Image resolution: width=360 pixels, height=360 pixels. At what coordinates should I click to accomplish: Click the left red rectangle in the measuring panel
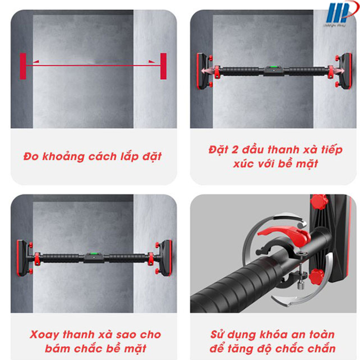pos(23,66)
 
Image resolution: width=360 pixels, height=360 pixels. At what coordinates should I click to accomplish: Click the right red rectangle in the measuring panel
pos(163,66)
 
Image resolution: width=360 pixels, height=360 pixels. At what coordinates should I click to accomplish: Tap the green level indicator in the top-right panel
pos(273,67)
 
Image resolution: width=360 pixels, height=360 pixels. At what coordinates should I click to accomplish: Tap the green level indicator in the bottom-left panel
pos(93,254)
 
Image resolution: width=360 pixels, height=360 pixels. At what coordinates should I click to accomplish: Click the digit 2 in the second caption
pos(235,150)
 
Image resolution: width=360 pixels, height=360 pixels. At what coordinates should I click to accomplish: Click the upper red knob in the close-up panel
pos(319,202)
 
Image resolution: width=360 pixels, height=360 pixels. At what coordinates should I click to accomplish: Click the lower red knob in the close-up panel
pos(317,277)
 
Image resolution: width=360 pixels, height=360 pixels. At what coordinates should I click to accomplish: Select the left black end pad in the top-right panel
pos(203,71)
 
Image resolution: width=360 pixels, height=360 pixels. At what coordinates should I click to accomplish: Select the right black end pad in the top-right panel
pos(346,71)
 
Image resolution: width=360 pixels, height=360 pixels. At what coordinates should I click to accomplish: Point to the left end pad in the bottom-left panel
pos(23,258)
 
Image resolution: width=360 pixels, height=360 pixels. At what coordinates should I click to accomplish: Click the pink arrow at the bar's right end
pos(337,70)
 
